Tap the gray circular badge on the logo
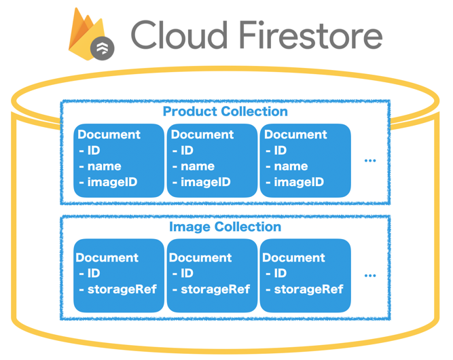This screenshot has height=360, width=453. pos(103,48)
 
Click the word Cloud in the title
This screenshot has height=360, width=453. pos(179,35)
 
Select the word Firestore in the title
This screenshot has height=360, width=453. pos(311,35)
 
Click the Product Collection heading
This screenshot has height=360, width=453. pos(225,111)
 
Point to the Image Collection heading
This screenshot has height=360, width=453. pos(225,227)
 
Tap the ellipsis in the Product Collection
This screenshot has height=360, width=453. pos(370,161)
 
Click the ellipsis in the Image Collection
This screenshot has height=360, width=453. pos(370,276)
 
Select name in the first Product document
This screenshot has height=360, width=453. pos(105,166)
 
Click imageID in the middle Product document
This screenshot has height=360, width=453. pos(205,182)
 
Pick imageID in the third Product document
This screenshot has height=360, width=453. pos(299,182)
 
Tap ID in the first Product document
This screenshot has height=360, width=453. pos(94,151)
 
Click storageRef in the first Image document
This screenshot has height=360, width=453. pos(122,289)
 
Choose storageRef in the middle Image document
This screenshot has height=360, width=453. pos(215,289)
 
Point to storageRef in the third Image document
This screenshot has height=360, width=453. pos(308,289)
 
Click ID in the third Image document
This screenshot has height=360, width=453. pos(280,273)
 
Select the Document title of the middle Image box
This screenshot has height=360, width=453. pos(200,257)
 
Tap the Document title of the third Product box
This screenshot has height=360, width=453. pos(295,134)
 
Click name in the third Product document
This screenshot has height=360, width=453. pos(291,166)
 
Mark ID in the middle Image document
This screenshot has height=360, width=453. pos(187,273)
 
